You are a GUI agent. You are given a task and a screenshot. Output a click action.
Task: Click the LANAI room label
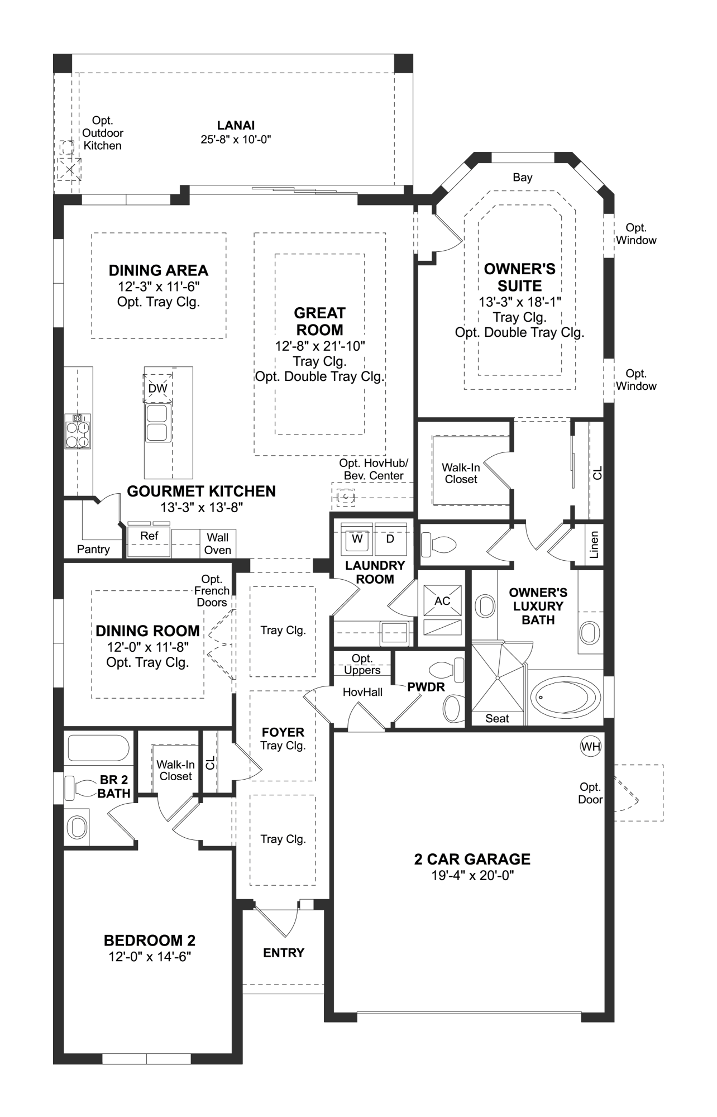click(x=236, y=126)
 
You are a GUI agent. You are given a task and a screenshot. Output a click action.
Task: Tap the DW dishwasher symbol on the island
click(x=158, y=388)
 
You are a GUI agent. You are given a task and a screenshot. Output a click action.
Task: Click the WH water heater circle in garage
click(x=590, y=746)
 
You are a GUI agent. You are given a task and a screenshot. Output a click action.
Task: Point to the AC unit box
click(x=442, y=601)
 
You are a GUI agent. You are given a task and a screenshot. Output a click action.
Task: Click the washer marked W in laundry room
click(x=357, y=539)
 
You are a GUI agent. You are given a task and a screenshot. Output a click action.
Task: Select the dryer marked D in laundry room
click(x=390, y=539)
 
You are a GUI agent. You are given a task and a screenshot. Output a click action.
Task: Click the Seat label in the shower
click(x=497, y=719)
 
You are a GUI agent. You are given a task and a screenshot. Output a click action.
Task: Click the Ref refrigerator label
click(x=149, y=536)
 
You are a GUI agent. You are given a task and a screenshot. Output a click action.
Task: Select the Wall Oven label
click(x=218, y=543)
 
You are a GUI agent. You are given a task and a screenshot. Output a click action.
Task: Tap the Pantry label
click(x=93, y=549)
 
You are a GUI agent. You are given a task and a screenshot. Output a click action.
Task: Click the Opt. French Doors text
click(x=212, y=590)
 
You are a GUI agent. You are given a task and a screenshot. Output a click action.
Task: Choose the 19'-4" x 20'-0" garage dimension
click(x=472, y=876)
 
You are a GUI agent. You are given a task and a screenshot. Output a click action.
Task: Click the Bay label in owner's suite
click(x=523, y=177)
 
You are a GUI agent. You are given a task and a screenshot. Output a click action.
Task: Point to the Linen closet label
click(x=594, y=545)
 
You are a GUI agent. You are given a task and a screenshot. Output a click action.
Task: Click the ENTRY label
click(x=284, y=953)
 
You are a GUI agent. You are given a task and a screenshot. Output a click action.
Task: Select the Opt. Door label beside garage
click(x=590, y=793)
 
